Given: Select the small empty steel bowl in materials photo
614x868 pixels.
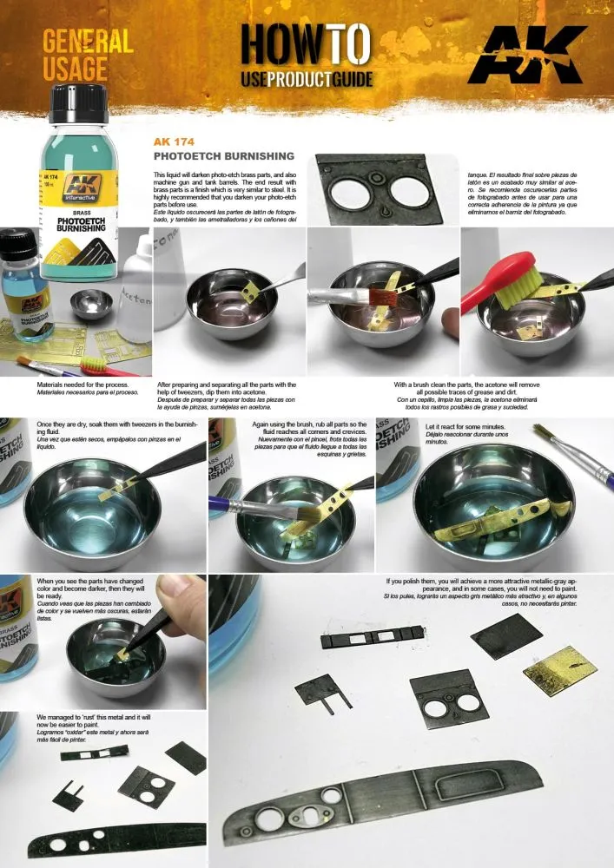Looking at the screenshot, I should click(x=91, y=303).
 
